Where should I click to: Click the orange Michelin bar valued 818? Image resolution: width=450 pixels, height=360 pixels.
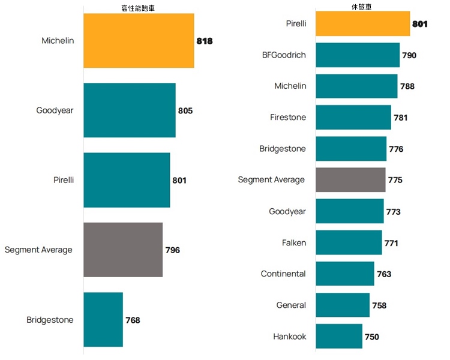coord(139,41)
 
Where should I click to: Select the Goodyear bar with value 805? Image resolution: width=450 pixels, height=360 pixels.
coord(129,110)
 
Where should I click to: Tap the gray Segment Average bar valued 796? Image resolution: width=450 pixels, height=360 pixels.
coord(123,250)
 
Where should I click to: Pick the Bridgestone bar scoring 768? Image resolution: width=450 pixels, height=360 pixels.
coord(103,320)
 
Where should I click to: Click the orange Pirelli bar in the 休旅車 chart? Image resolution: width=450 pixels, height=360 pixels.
coord(362,24)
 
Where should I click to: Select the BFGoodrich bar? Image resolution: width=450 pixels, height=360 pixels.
coord(358,55)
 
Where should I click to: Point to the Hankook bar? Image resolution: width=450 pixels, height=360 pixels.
coord(339,337)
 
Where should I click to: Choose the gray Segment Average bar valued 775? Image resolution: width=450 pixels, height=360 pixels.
coord(350,180)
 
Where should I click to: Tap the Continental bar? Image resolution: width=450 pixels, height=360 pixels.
coord(345,274)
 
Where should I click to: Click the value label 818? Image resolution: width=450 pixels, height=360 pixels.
coord(205,41)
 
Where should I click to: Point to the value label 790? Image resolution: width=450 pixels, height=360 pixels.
coord(409,55)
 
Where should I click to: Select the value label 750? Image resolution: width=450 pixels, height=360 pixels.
coord(372,337)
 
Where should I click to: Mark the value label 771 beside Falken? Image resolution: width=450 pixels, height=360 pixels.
coord(391,243)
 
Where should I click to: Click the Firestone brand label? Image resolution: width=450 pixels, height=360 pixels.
coord(288,118)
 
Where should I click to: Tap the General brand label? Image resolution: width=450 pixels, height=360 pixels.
coord(291,305)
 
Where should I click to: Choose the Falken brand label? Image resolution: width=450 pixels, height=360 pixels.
coord(294,243)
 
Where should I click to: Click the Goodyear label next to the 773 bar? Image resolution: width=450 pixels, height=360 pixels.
coord(287,211)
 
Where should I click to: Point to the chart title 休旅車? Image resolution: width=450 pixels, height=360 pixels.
coord(362,7)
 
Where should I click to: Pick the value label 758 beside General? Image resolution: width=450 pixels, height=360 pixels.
coord(379,305)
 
